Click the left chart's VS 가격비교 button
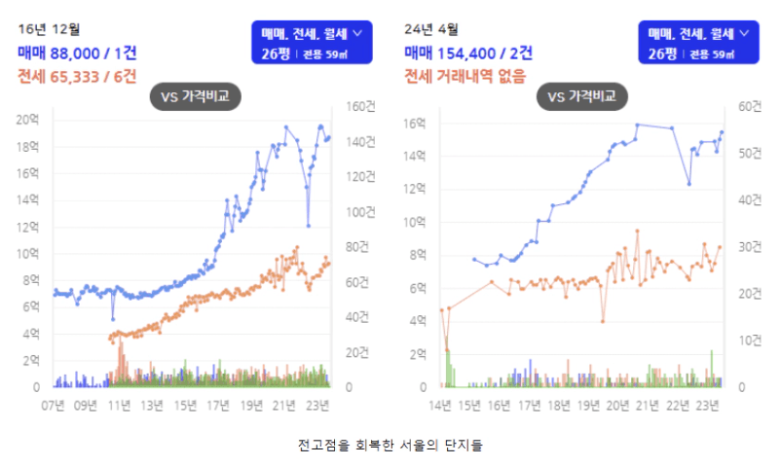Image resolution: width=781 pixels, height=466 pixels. [195, 96]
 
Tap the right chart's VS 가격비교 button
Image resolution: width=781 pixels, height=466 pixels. [583, 96]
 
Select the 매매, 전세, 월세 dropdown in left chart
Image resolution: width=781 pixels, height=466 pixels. [312, 43]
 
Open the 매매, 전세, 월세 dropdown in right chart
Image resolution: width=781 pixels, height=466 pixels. [699, 43]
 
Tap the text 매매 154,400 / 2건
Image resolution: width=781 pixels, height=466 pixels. [469, 53]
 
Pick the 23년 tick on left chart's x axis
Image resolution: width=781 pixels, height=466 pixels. [317, 404]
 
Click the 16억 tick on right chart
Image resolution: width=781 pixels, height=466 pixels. [416, 124]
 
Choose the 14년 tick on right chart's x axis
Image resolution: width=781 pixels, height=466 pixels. [441, 404]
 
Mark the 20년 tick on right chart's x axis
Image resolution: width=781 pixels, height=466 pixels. [617, 404]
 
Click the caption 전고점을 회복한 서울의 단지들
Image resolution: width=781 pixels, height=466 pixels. [390, 446]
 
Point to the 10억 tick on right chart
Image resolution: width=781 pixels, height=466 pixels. [416, 223]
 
